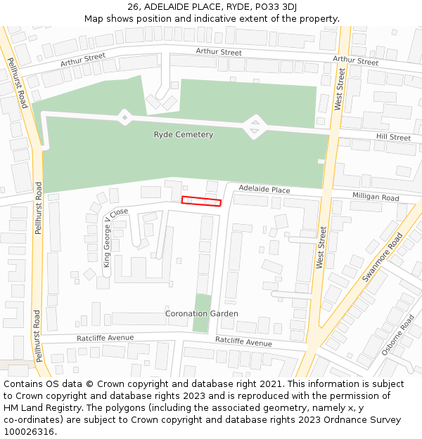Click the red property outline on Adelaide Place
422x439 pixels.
[x=201, y=202]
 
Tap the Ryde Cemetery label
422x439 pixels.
[x=183, y=134]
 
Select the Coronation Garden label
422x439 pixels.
[x=202, y=313]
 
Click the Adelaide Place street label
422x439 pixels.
[x=264, y=190]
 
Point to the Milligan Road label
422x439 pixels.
[x=376, y=197]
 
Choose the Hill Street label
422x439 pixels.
[x=393, y=138]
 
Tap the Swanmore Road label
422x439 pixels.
[x=383, y=256]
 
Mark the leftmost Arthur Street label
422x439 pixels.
[x=82, y=60]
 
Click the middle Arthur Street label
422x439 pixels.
[x=218, y=52]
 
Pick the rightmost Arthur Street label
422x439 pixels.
[x=355, y=61]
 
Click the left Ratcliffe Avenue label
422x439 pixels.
[x=105, y=338]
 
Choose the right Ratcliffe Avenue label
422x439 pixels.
[x=243, y=342]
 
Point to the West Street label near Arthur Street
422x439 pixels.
[x=340, y=89]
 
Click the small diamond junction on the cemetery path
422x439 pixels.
[x=124, y=117]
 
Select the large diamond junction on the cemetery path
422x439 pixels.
[x=255, y=126]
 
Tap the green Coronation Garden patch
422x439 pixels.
[x=202, y=314]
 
